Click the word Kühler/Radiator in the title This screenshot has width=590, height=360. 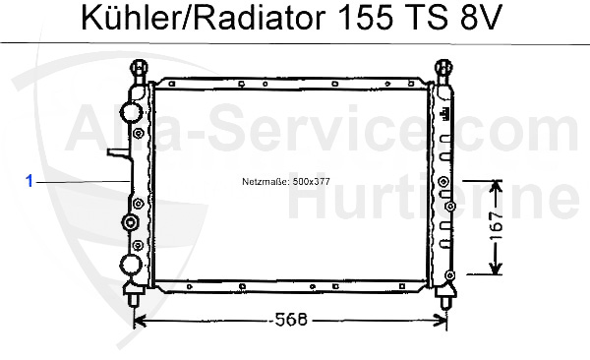pos(204,18)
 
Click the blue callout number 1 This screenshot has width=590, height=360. pos(29,181)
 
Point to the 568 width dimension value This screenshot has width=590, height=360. pos(291,320)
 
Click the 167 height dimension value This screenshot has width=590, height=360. pos(497,225)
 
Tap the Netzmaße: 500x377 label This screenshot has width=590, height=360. pos(286,182)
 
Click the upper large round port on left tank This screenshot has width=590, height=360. pos(131,112)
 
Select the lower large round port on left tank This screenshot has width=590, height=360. pos(131,265)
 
